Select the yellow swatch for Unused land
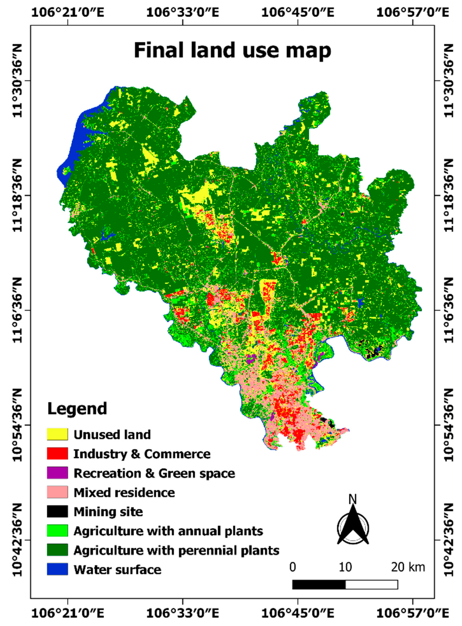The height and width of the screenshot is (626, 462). click(57, 434)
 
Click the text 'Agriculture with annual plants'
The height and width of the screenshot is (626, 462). click(168, 531)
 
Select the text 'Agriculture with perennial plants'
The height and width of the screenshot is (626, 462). click(176, 550)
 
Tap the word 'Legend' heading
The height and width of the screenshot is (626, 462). click(77, 409)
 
